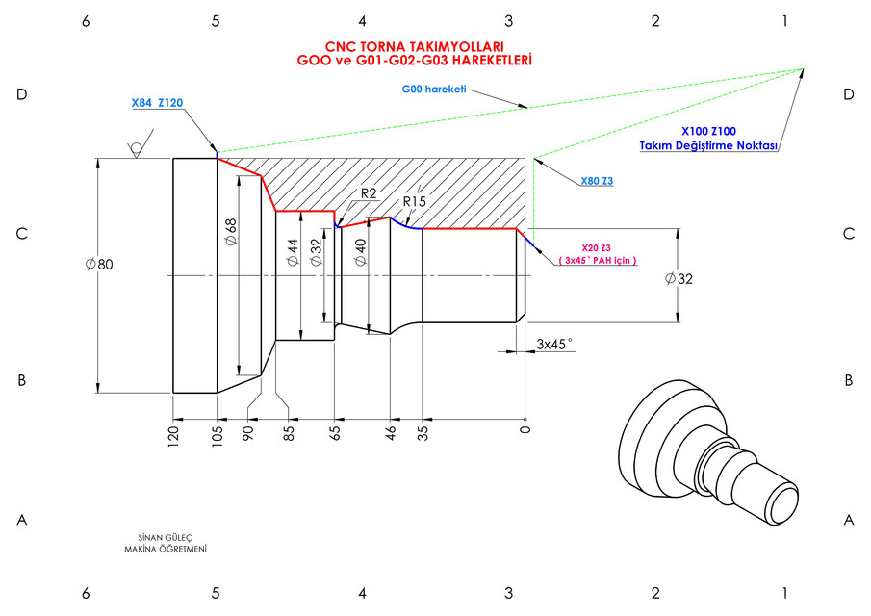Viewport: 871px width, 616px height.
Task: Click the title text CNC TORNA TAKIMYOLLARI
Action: click(415, 45)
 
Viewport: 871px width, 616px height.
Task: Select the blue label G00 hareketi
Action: click(433, 90)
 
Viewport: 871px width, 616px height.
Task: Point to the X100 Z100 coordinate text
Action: click(708, 131)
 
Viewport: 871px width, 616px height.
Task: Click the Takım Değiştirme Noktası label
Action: click(708, 146)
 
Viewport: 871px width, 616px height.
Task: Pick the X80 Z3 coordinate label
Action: click(598, 181)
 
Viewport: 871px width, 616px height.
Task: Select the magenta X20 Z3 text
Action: click(598, 247)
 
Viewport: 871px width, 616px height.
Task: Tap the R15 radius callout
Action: click(415, 201)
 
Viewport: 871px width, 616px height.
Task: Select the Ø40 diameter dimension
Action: click(361, 253)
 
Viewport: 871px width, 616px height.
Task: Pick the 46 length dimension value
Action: click(391, 431)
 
